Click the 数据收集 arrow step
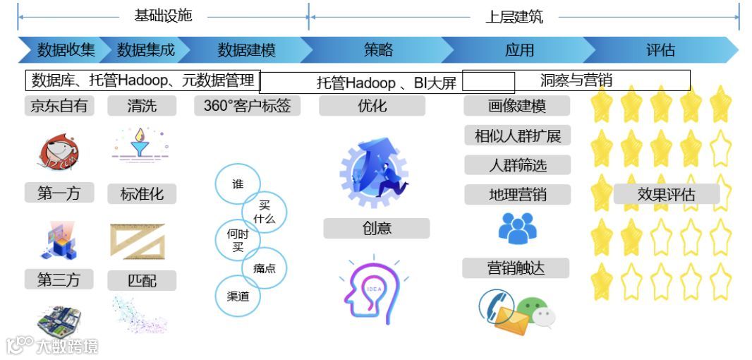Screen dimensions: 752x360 point(65,50)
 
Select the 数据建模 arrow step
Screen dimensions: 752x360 point(246,50)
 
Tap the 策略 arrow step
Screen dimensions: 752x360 point(378,50)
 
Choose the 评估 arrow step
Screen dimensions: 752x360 point(660,50)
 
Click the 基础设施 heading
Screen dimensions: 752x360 point(163,16)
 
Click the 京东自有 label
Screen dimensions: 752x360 point(59,106)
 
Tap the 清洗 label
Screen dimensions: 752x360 point(142,106)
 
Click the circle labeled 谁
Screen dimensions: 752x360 point(238,184)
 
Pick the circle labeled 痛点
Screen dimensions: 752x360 point(265,268)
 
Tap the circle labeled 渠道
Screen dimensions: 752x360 point(238,296)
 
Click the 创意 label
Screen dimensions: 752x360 point(377,228)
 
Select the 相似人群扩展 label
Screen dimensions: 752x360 point(517,136)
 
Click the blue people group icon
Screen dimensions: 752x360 point(518,228)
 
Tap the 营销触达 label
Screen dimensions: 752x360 point(516,268)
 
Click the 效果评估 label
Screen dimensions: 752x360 point(666,194)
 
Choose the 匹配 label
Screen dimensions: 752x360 point(142,280)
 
